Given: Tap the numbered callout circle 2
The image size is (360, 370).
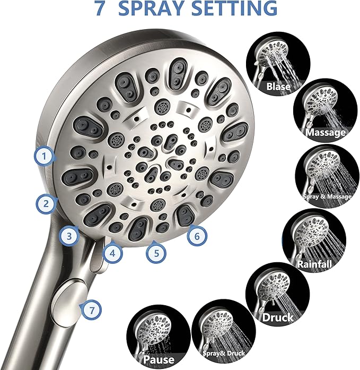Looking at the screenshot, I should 46,202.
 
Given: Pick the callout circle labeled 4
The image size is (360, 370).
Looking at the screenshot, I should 112,253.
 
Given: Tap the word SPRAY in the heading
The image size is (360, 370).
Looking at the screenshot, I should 157,8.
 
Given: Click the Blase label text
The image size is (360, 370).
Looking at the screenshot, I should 278,86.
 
